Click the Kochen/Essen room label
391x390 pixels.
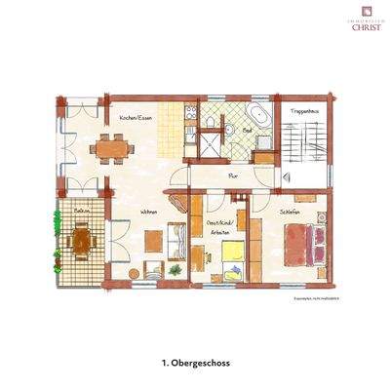tap(135, 118)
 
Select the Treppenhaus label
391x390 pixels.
tap(304, 114)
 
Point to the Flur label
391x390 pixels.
tap(233, 175)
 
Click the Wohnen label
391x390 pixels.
tap(148, 211)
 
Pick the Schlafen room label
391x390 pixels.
tap(288, 211)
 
